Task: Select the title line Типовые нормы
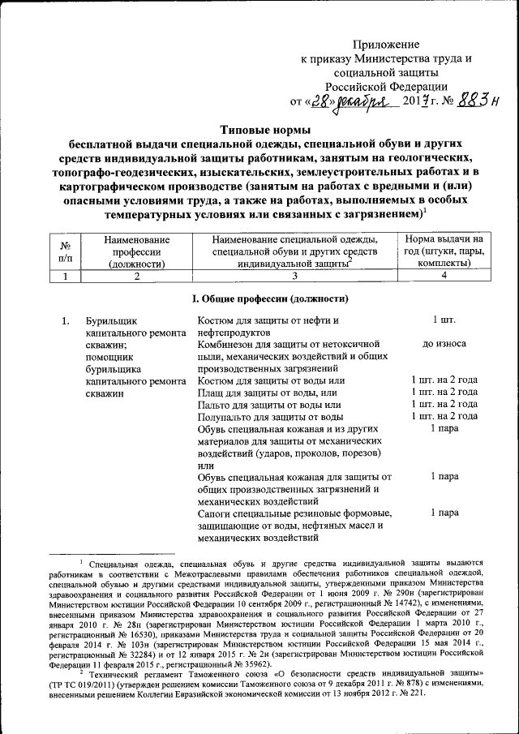[x=267, y=130]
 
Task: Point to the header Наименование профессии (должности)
[x=137, y=251]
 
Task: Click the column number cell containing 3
[x=295, y=276]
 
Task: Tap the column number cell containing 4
[x=444, y=276]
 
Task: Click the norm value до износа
[x=444, y=344]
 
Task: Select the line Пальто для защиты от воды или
[x=269, y=404]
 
